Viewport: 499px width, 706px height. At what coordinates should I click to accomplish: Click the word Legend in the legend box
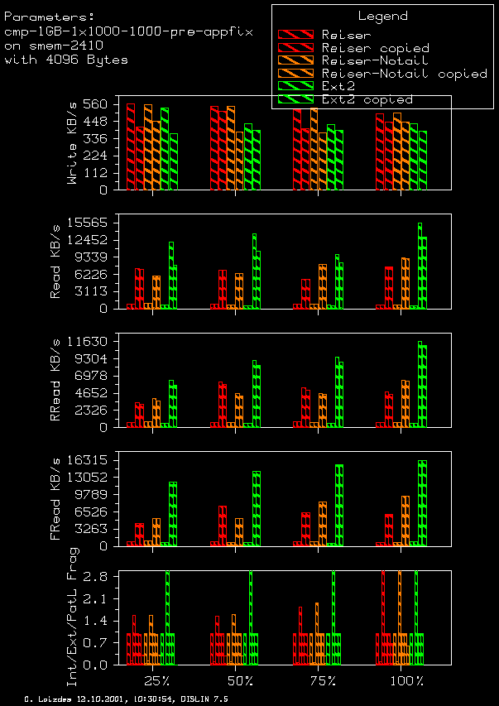(382, 16)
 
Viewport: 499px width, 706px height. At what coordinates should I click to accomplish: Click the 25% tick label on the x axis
(157, 681)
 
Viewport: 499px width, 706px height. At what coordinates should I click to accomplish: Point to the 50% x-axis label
(240, 681)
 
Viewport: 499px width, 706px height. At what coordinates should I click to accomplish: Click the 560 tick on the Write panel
(96, 104)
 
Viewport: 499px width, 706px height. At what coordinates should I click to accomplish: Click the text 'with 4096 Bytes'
(66, 60)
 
